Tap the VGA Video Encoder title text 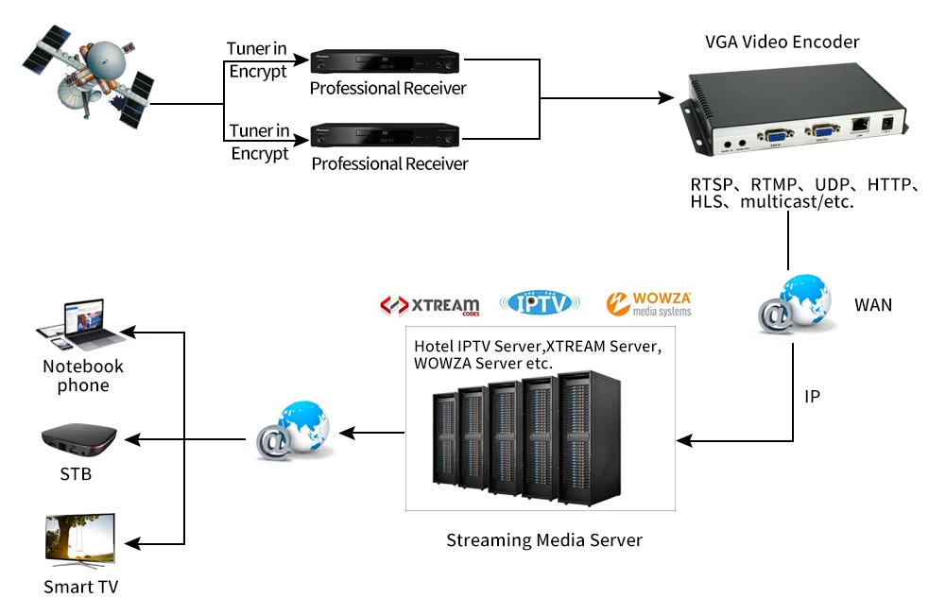tap(782, 42)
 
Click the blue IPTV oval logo tap(542, 302)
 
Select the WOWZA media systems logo tap(649, 303)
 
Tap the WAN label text tap(872, 305)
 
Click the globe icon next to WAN tap(796, 304)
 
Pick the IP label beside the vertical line tap(812, 397)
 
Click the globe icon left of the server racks tap(294, 432)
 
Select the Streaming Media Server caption tap(543, 540)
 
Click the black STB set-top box tap(79, 438)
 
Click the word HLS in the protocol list tap(705, 202)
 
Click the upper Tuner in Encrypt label tap(258, 60)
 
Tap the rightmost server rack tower tap(589, 437)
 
